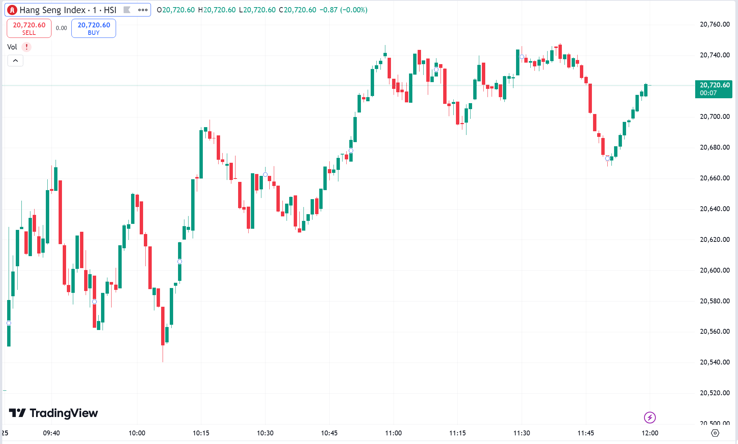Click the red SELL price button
(29, 28)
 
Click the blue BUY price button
(94, 28)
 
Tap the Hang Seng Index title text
(53, 10)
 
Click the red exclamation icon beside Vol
(26, 47)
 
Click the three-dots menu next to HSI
(143, 10)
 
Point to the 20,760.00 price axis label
(715, 24)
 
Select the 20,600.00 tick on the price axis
(715, 270)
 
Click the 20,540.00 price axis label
(715, 362)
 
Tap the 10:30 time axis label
(265, 433)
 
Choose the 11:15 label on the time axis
(457, 433)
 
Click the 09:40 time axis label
(51, 433)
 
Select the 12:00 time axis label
(650, 433)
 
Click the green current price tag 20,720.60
(714, 89)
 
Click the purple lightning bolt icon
(650, 417)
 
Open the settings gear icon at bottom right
(715, 433)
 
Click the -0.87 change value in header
(328, 10)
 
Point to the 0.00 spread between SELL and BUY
(61, 28)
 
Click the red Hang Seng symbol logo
(12, 10)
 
